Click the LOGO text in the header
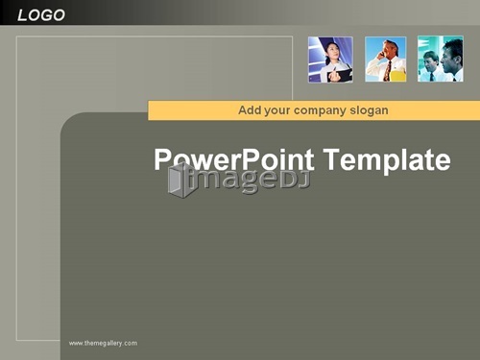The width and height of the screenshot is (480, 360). [41, 15]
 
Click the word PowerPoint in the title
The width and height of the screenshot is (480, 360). [234, 159]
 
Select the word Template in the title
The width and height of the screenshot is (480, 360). [387, 159]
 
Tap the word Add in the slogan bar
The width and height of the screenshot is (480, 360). [250, 110]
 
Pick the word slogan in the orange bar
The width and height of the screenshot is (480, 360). [370, 110]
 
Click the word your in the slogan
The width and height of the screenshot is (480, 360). [277, 111]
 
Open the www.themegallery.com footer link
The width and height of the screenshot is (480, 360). [103, 344]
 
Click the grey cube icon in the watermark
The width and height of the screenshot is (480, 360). [181, 180]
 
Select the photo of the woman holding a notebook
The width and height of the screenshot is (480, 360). [330, 60]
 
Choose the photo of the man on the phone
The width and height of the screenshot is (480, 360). [386, 60]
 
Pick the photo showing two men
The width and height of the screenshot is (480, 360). [441, 59]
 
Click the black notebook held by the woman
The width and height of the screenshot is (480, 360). [340, 76]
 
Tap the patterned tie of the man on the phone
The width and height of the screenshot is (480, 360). [388, 70]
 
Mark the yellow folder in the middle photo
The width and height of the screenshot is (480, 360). [397, 76]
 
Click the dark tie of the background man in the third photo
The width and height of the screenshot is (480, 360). [431, 77]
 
